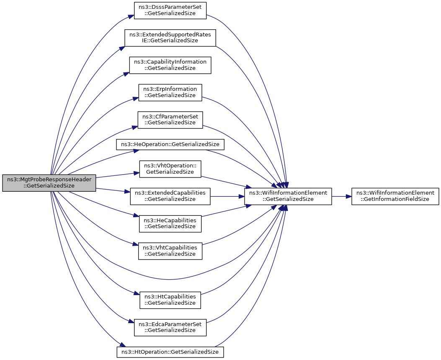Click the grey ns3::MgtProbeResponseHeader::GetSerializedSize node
point(49,183)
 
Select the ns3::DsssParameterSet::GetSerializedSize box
point(170,11)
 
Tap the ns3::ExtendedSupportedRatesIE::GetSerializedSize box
point(170,38)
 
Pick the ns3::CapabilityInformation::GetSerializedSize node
point(170,65)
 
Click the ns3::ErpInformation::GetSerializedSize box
point(170,93)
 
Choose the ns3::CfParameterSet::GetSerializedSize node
point(170,120)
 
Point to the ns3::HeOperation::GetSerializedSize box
point(170,144)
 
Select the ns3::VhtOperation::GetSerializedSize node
point(170,169)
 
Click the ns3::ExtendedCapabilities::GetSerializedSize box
point(170,196)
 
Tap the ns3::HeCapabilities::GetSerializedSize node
point(170,224)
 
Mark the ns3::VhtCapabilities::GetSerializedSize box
point(170,251)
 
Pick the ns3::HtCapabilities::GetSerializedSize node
point(170,300)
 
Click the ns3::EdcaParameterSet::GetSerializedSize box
point(170,327)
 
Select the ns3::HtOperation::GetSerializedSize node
point(170,352)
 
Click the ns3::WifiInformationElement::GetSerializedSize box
point(288,196)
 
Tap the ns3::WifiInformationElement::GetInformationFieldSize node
point(395,196)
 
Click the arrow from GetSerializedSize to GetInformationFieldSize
point(342,196)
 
